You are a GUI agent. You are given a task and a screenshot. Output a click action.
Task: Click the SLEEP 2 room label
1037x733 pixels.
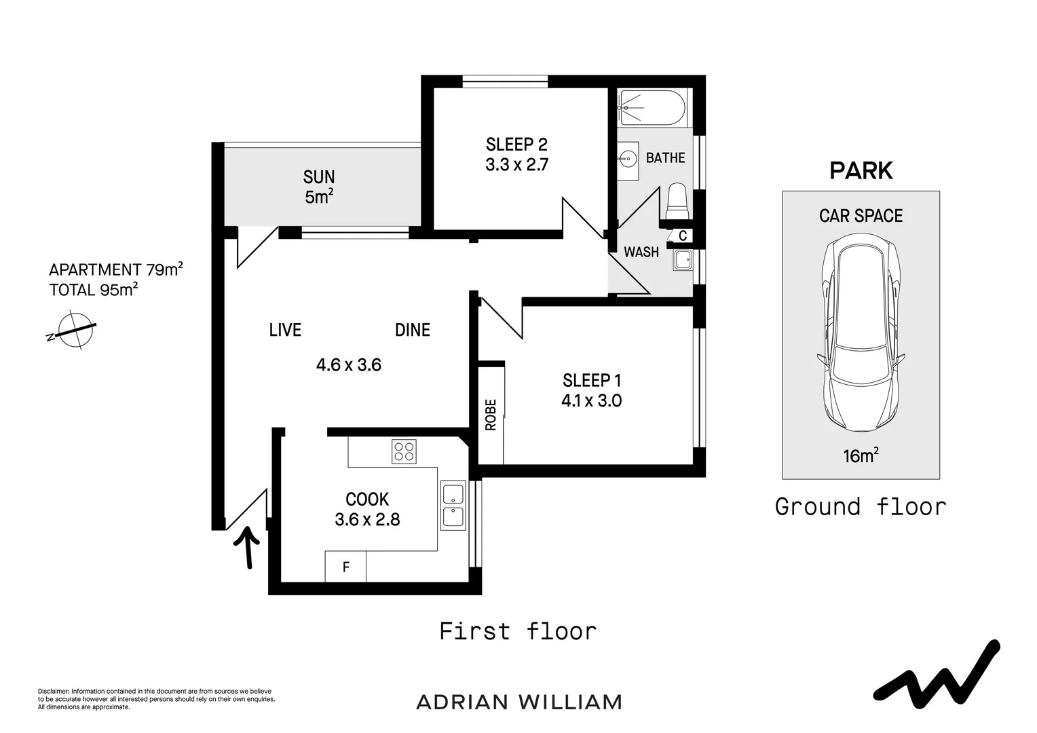[x=516, y=145]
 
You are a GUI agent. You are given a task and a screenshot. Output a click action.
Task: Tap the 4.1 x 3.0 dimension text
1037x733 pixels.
[x=591, y=400]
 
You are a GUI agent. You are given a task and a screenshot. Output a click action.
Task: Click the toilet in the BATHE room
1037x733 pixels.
[x=677, y=201]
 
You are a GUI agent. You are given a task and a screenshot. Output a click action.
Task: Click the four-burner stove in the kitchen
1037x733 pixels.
[x=404, y=451]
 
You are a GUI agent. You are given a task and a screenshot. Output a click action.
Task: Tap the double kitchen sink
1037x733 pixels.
[x=453, y=506]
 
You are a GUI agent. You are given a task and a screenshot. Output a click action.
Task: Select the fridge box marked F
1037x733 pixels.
[x=345, y=567]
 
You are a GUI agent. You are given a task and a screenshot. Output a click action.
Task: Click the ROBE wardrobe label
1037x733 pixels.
[x=491, y=414]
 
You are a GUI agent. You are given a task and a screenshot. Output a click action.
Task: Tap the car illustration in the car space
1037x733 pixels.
[x=861, y=335]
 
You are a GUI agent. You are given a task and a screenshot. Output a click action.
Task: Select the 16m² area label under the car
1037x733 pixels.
[x=861, y=455]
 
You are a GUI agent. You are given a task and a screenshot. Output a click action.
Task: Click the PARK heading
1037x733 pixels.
[x=861, y=171]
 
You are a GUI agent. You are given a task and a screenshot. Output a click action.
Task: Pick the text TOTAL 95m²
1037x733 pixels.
[x=94, y=290]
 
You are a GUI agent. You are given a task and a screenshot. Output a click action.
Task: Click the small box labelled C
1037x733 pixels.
[x=682, y=236]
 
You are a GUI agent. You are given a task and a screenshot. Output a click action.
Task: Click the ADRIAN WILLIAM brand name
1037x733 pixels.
[x=519, y=702]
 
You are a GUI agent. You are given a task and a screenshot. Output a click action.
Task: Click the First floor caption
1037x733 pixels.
[x=518, y=631]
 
